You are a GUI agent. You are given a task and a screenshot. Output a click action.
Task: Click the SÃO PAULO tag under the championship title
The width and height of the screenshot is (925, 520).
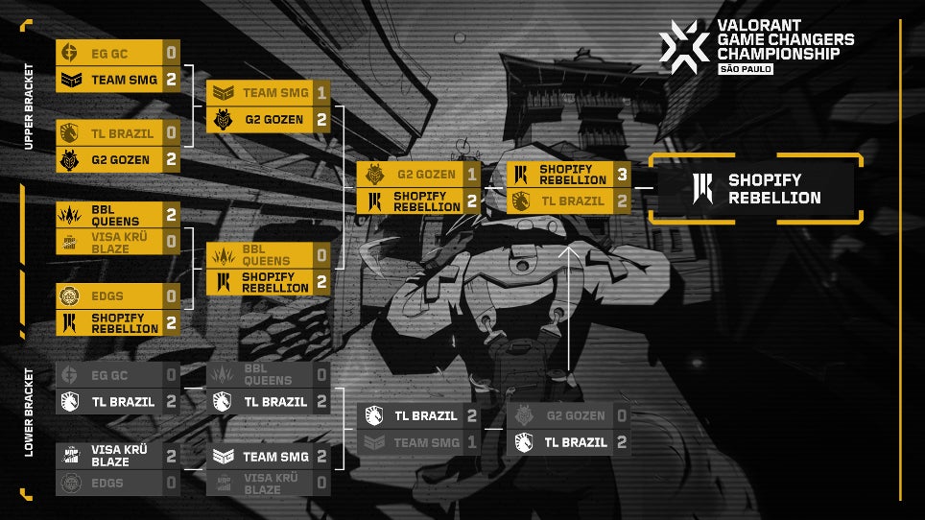(746, 69)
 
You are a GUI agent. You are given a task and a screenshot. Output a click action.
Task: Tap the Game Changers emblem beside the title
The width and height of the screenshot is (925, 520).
(684, 43)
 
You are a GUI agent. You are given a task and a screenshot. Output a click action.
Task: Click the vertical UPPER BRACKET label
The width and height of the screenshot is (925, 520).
(28, 106)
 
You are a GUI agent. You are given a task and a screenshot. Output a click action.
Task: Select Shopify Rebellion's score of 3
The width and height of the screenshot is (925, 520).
(622, 175)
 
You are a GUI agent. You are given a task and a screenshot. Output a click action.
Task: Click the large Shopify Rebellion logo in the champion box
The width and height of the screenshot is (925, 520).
(703, 188)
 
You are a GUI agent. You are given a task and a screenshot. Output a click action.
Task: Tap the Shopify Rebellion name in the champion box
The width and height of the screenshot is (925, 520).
(774, 188)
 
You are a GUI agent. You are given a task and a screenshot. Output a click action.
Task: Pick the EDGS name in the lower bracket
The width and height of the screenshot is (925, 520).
(107, 483)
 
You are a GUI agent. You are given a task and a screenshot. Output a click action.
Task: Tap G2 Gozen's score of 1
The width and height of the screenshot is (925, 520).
(472, 175)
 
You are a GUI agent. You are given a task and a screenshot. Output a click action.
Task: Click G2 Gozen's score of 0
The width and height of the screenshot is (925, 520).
(622, 415)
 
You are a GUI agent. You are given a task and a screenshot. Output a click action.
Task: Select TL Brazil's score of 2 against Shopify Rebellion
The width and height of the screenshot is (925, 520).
(622, 201)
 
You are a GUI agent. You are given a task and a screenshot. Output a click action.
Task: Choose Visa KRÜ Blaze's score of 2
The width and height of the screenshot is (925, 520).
(171, 456)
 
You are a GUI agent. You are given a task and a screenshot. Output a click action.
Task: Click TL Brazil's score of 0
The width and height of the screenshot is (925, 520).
(171, 132)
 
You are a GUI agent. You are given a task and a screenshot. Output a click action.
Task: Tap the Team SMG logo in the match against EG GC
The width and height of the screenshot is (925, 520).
(70, 80)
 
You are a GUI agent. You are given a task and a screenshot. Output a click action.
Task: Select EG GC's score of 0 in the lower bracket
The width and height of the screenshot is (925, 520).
(171, 375)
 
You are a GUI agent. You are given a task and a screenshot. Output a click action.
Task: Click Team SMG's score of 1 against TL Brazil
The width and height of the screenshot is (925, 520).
(472, 442)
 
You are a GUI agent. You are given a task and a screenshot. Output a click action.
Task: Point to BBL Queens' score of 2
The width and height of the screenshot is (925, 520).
(171, 214)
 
